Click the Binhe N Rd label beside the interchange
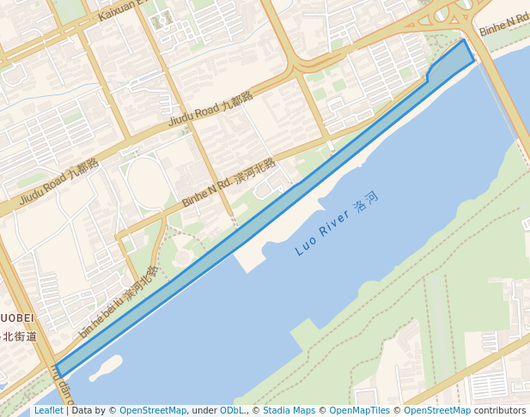tap(503, 25)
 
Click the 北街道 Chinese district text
tap(19, 336)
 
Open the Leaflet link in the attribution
tap(48, 410)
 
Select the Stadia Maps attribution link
tap(289, 410)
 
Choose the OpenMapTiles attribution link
tap(360, 410)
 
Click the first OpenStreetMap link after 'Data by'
tap(152, 410)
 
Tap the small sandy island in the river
tap(105, 367)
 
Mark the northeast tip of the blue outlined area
tap(465, 40)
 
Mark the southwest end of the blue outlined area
tap(58, 372)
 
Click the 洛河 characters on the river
tap(366, 207)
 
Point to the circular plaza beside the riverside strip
tap(182, 257)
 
